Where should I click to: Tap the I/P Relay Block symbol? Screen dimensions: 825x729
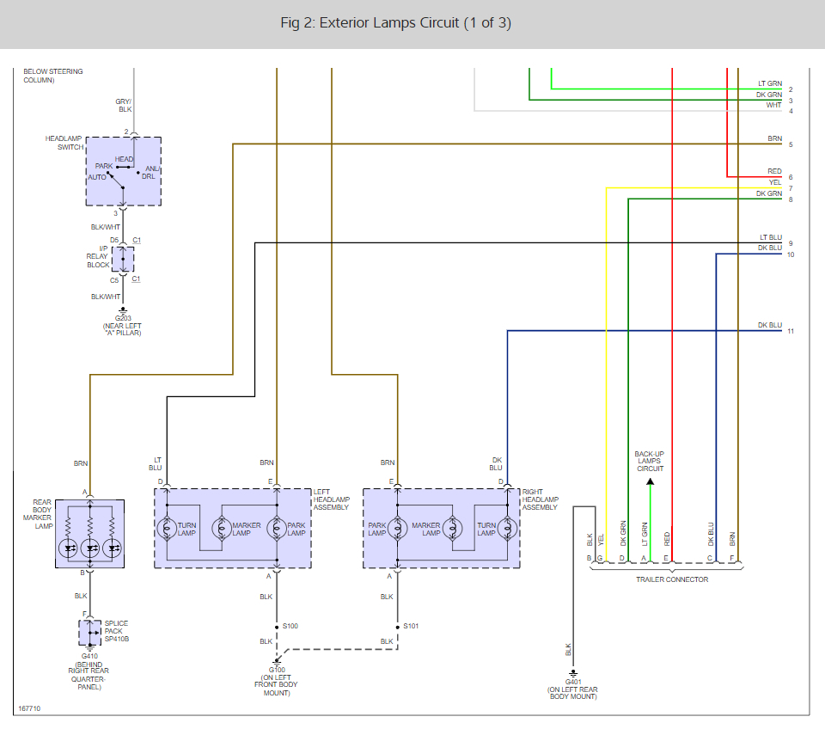point(123,259)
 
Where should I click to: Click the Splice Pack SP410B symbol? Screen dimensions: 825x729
point(90,632)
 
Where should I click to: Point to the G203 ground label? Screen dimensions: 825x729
point(123,318)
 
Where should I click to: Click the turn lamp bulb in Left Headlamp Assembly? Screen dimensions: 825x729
point(167,529)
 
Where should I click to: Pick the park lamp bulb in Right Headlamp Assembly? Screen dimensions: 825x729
point(397,529)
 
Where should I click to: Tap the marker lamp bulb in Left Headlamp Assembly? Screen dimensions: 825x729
point(222,529)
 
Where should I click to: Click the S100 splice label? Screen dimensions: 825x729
point(290,626)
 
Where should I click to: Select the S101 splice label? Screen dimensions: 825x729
point(411,626)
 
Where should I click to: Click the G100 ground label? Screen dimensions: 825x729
point(277,670)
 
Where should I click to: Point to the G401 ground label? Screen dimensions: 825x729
point(573,682)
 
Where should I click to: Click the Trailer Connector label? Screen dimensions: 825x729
point(672,579)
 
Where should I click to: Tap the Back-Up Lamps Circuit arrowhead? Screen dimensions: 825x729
point(651,481)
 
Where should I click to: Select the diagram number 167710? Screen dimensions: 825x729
point(29,708)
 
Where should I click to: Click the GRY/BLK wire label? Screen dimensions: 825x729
point(124,105)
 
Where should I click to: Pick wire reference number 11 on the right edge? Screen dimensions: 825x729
point(791,331)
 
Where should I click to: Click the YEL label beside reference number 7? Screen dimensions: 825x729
point(775,182)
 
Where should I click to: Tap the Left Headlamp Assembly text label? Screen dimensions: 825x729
point(332,499)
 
